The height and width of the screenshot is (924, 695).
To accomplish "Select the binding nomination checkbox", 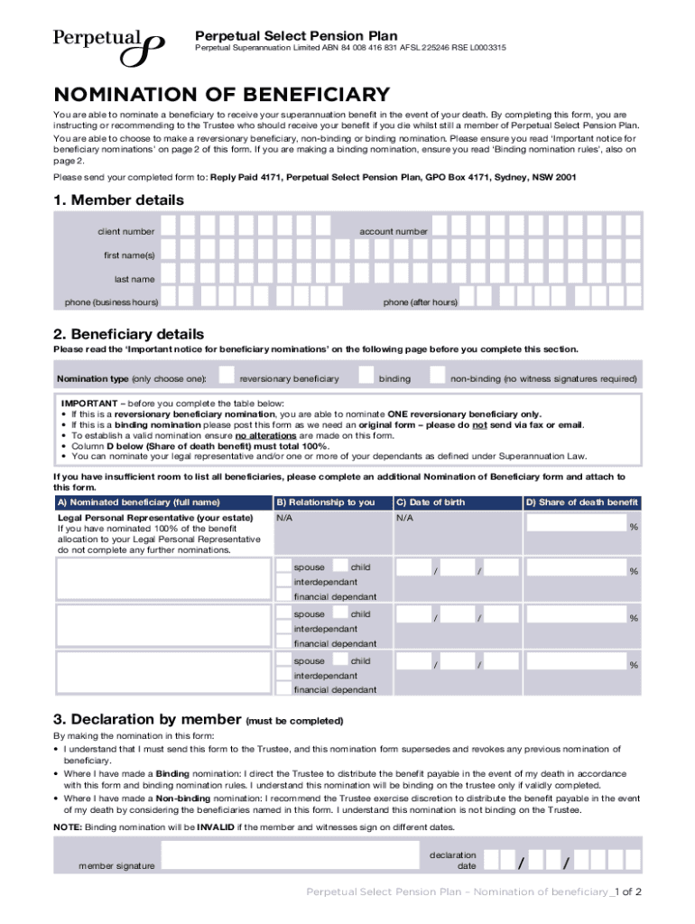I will click(366, 376).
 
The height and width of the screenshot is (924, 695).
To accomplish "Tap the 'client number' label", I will click(125, 232).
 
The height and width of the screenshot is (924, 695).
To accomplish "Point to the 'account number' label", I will click(394, 232).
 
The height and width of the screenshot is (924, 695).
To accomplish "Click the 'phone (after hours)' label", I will click(420, 302).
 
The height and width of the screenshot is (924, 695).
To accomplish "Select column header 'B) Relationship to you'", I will click(325, 503).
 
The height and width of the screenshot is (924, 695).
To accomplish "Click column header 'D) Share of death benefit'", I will click(581, 503).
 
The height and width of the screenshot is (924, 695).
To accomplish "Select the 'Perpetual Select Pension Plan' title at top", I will click(296, 36).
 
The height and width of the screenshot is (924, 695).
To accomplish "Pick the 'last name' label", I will click(134, 279).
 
